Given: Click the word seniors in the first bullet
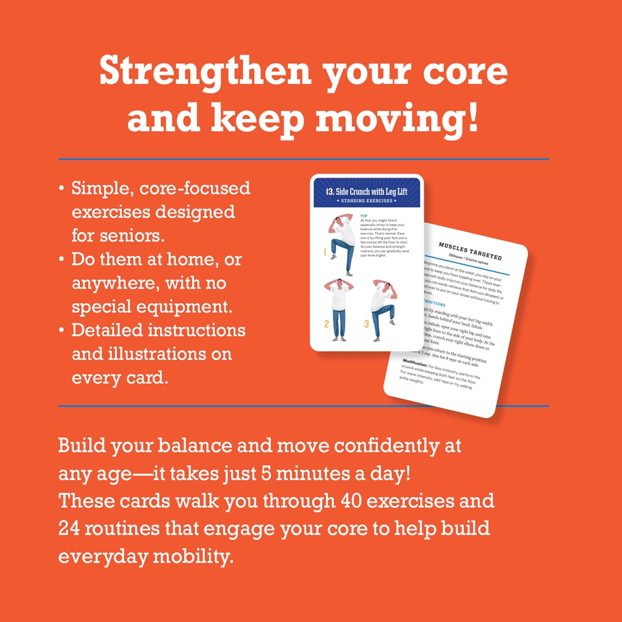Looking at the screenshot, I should click(117, 236).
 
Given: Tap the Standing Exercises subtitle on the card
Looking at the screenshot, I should click(367, 201).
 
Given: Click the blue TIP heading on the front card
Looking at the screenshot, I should click(364, 216).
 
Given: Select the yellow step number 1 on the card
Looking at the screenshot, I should click(325, 252).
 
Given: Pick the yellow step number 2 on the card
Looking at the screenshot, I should click(326, 324).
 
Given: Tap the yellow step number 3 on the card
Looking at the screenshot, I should click(366, 324).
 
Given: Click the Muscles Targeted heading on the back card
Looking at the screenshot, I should click(470, 251).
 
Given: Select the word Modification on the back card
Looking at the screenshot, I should click(415, 363).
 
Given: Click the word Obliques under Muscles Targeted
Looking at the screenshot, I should click(455, 257).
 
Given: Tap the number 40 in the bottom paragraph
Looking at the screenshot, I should click(351, 501).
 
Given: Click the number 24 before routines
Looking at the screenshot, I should click(69, 529).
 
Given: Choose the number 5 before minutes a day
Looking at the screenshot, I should click(266, 474).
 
